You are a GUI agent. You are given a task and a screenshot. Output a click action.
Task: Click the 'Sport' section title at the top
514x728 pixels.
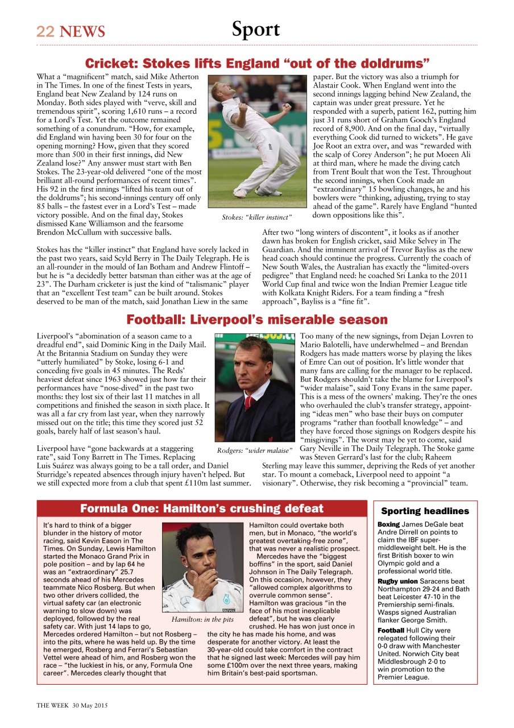click(256, 30)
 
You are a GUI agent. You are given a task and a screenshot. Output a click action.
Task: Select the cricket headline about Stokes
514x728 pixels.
click(257, 63)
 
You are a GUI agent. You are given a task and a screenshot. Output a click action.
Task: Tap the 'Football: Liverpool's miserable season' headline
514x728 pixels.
click(257, 320)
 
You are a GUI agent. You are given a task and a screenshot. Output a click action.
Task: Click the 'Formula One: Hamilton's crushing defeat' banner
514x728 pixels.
click(202, 508)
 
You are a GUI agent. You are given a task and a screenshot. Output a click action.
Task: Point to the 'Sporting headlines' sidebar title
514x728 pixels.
click(425, 511)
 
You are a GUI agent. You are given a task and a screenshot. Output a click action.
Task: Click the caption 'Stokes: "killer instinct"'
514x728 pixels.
click(256, 217)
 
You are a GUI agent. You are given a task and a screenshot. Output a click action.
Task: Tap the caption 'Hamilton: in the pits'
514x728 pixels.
click(202, 619)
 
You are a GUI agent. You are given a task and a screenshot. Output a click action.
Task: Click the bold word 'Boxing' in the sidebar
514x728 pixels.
click(389, 524)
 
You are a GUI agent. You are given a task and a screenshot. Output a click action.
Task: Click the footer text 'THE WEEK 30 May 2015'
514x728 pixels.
click(72, 705)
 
